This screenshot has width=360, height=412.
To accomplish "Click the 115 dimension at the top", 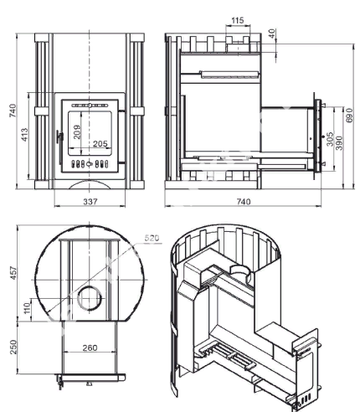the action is point(238,20).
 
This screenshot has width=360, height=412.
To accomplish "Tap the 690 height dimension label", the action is point(349,115).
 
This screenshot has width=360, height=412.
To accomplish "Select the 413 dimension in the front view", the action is point(25,135).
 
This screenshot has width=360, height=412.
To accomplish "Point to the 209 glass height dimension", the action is point(77,132).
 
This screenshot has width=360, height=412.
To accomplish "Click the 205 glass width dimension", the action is point(100,144).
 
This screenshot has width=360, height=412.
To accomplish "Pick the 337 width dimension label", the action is point(90,201).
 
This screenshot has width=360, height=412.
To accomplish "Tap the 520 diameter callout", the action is point(152,238).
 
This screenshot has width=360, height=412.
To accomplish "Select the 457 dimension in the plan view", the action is point(13,273).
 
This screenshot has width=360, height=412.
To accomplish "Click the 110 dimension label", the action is point(27,308).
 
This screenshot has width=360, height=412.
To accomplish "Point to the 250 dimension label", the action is point(13,347).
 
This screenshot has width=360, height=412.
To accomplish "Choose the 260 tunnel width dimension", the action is point(90,348).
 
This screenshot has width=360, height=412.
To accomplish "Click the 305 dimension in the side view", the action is point(330,139).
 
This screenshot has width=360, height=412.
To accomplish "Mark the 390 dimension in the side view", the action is point(339,143).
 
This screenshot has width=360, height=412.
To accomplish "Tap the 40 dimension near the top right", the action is point(271,33).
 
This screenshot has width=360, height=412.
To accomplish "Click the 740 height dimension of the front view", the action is point(13,111).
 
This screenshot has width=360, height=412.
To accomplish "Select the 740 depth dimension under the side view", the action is point(244,201).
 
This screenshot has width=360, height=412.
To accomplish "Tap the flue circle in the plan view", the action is point(90,298).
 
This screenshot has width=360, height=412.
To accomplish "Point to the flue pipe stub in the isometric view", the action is point(240,271).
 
